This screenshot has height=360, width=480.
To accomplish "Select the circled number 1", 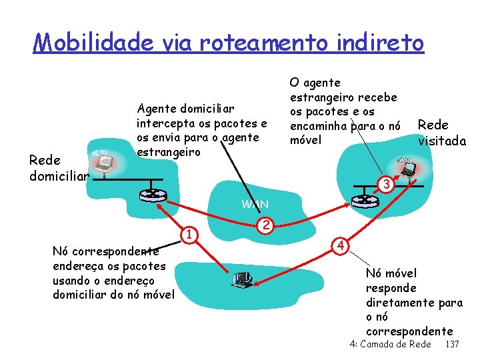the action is [x=189, y=233].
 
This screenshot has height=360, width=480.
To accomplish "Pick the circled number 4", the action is [x=340, y=244].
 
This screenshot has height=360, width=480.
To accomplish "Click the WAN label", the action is [x=255, y=204].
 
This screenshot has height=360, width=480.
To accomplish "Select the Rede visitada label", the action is [x=441, y=133].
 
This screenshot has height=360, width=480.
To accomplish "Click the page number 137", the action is [x=452, y=344].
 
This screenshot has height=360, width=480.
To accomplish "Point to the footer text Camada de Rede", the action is [x=397, y=344].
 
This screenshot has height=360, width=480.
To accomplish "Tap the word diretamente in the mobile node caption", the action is [x=400, y=303].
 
